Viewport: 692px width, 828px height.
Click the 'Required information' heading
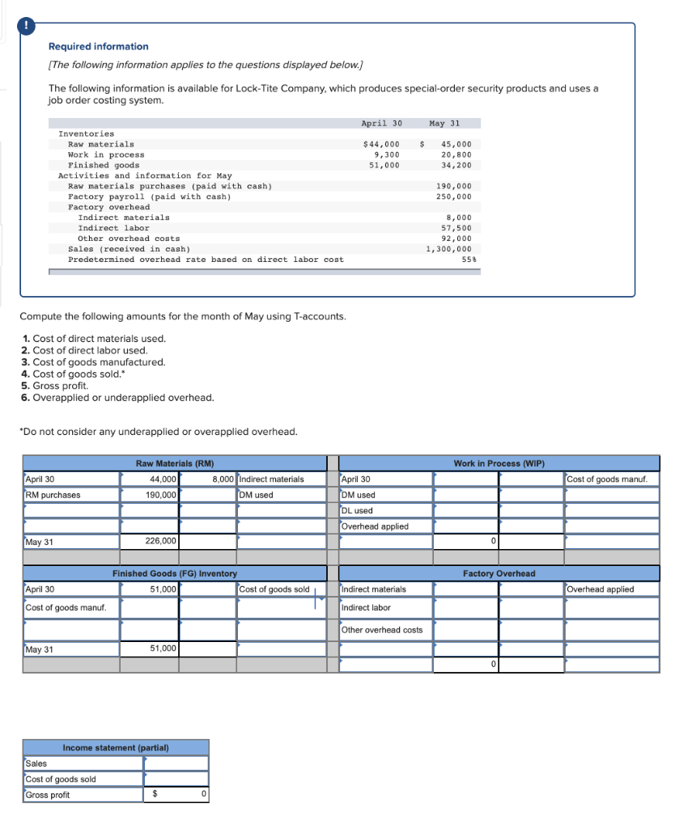click(98, 47)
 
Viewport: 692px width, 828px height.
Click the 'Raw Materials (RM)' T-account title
click(175, 463)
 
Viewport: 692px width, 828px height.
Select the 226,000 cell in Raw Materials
click(161, 542)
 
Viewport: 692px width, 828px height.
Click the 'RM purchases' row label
click(53, 495)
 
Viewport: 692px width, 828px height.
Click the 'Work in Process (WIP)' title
click(499, 463)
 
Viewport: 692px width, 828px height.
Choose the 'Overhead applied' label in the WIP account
click(375, 526)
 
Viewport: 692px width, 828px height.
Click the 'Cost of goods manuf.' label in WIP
click(613, 479)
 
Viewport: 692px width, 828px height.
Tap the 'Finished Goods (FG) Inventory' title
click(175, 573)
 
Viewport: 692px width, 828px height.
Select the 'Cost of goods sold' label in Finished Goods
click(274, 589)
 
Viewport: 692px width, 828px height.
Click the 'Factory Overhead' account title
click(499, 573)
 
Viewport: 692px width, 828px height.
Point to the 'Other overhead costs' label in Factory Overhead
click(381, 630)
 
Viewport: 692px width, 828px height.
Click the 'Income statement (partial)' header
click(116, 748)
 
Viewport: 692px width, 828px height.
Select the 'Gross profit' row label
click(48, 795)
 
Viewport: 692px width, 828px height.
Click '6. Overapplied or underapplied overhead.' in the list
click(117, 398)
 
